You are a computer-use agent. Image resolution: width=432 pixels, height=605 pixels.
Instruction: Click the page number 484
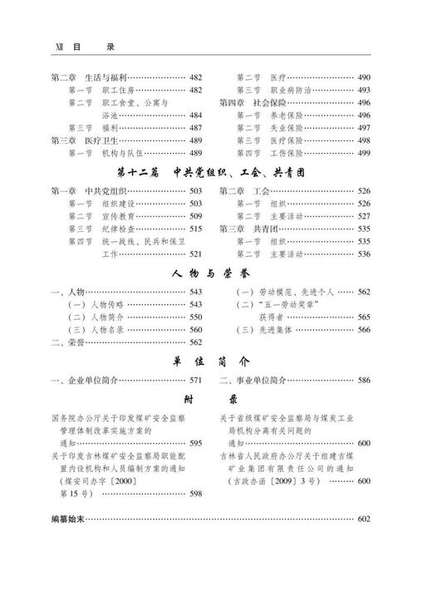click(195, 115)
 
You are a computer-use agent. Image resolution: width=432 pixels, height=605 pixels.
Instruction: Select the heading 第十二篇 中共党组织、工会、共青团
click(215, 172)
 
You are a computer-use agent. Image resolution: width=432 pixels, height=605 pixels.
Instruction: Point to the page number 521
click(195, 254)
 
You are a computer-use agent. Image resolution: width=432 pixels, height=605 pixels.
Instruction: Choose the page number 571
click(195, 381)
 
